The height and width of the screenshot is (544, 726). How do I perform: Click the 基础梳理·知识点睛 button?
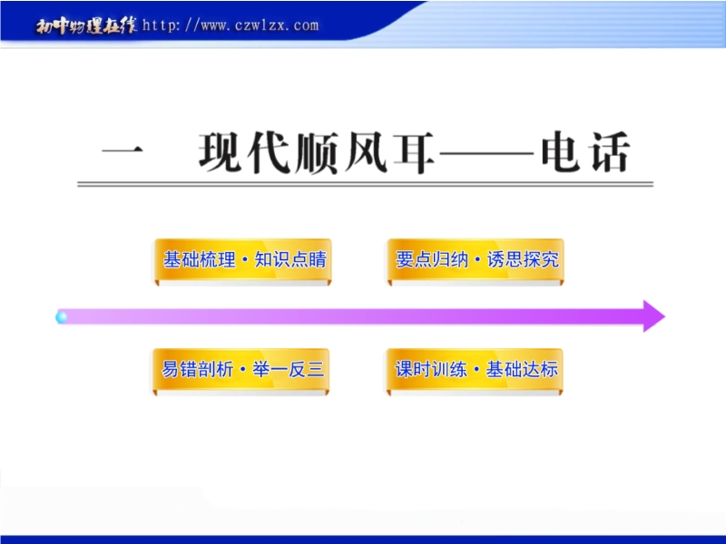(243, 260)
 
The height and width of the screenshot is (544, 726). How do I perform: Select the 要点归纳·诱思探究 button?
(476, 260)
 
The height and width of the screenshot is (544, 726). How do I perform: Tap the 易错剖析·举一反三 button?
(241, 370)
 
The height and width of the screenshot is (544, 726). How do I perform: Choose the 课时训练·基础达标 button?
(475, 370)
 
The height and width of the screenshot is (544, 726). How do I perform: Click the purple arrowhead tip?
(665, 316)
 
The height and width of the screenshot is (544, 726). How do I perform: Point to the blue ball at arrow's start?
(61, 317)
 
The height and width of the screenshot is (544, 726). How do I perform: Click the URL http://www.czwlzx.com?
(231, 25)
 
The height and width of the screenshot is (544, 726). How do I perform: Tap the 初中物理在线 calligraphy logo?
(86, 25)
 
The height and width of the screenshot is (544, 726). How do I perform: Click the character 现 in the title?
(221, 152)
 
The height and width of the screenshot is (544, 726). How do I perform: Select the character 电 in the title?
(560, 151)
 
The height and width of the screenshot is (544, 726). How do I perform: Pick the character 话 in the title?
(609, 151)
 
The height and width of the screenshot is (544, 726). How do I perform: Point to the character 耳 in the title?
(414, 152)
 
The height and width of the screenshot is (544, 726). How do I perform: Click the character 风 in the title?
(366, 152)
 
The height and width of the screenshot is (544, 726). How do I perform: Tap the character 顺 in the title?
(317, 152)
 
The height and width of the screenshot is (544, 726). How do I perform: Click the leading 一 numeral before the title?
(123, 151)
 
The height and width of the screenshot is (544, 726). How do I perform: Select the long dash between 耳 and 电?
(486, 151)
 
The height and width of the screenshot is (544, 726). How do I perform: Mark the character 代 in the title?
(269, 152)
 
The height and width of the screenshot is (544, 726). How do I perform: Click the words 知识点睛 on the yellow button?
(290, 259)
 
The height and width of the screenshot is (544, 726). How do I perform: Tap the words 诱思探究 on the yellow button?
(524, 259)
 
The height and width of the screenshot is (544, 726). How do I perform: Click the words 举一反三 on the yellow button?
(288, 370)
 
